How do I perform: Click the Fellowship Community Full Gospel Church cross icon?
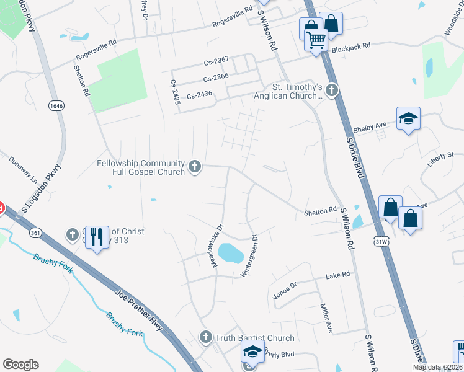195,166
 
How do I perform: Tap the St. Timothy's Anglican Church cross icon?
331,91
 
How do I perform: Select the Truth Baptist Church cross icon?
206,338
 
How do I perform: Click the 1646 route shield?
56,106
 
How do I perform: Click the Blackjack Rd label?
350,46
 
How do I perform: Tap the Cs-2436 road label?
199,94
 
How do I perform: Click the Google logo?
20,365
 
